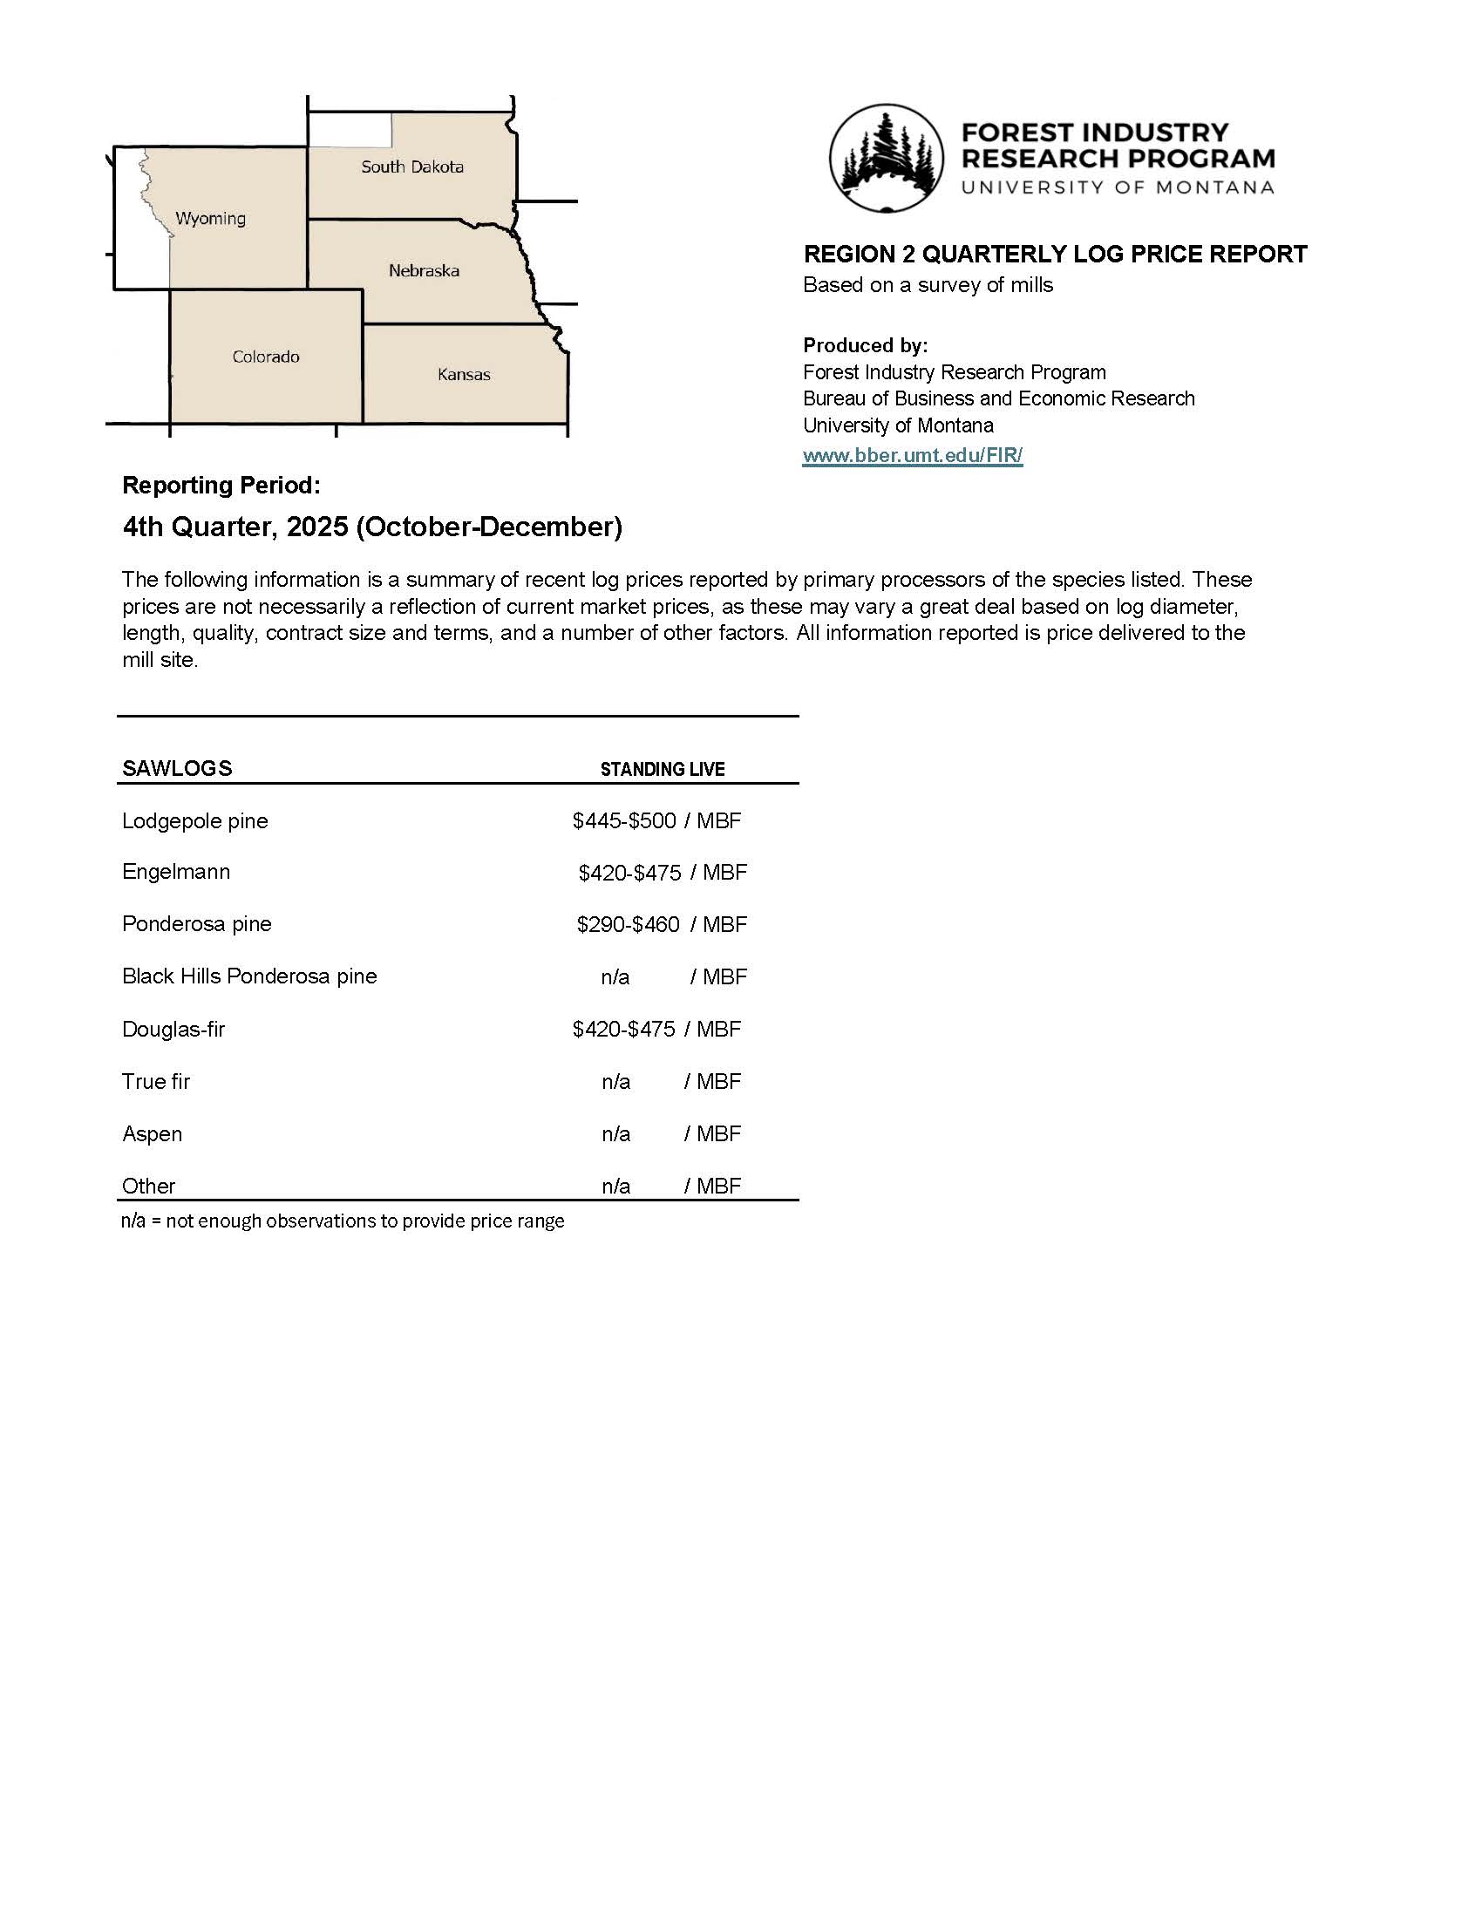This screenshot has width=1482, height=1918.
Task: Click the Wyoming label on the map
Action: tap(211, 219)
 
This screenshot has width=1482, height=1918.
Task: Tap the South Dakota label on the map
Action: tap(411, 167)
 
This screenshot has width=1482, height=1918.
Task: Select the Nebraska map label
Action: tap(424, 270)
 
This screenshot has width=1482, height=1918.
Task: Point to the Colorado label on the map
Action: tap(266, 357)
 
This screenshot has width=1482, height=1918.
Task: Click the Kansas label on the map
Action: tap(464, 374)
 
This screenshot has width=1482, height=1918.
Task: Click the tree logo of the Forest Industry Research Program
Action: tap(887, 158)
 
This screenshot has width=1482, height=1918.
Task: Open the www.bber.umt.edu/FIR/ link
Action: tap(913, 455)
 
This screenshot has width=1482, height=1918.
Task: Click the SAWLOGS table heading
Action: tap(177, 768)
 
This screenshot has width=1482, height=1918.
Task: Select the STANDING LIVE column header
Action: tap(662, 769)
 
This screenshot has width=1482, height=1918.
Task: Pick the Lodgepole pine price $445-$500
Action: tap(624, 821)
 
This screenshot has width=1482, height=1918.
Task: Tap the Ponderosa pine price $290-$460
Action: tap(628, 925)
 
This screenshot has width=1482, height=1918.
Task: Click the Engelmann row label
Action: tap(176, 872)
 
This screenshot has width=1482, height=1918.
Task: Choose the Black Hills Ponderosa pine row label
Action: tap(249, 976)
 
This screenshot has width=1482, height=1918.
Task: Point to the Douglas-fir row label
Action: tap(173, 1030)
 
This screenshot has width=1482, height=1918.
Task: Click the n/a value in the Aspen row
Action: tap(615, 1133)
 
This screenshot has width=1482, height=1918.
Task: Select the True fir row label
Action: tap(156, 1082)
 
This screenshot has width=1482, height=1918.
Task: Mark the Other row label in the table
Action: tap(149, 1187)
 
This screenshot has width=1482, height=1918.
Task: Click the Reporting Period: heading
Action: tap(221, 485)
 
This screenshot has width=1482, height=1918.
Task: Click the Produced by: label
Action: tap(865, 345)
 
